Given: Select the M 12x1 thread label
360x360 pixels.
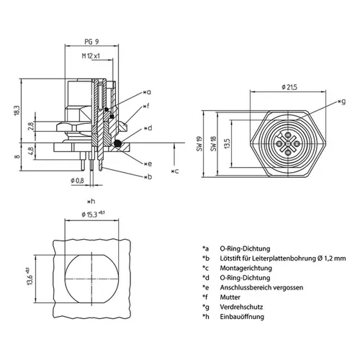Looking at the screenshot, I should point(89,55).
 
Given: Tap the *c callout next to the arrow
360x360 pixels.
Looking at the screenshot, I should point(175,171).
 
